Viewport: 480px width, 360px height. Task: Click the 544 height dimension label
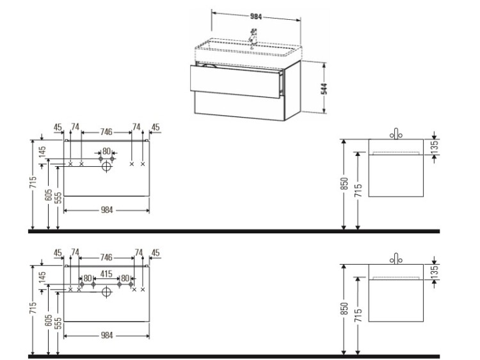[x=324, y=88]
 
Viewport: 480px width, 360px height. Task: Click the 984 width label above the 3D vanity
[x=256, y=17]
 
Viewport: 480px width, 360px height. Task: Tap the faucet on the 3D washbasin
[x=253, y=36]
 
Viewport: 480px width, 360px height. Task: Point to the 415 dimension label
[x=106, y=274]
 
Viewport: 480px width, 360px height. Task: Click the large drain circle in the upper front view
[x=106, y=167]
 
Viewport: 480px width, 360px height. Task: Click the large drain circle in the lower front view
[x=106, y=292]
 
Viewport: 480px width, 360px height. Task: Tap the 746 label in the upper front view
[x=106, y=132]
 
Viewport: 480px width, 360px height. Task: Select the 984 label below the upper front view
[x=107, y=210]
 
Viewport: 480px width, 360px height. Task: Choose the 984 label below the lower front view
[x=107, y=336]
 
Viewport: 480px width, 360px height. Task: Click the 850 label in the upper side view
[x=344, y=184]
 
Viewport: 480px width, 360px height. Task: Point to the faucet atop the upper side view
[x=396, y=134]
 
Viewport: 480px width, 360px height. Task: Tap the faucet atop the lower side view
[x=396, y=259]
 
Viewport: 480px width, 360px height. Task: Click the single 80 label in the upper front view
[x=106, y=151]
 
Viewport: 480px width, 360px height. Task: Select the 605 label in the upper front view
[x=49, y=195]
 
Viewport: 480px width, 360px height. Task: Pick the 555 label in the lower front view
[x=58, y=324]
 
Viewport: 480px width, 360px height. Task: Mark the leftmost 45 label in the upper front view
[x=58, y=127]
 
